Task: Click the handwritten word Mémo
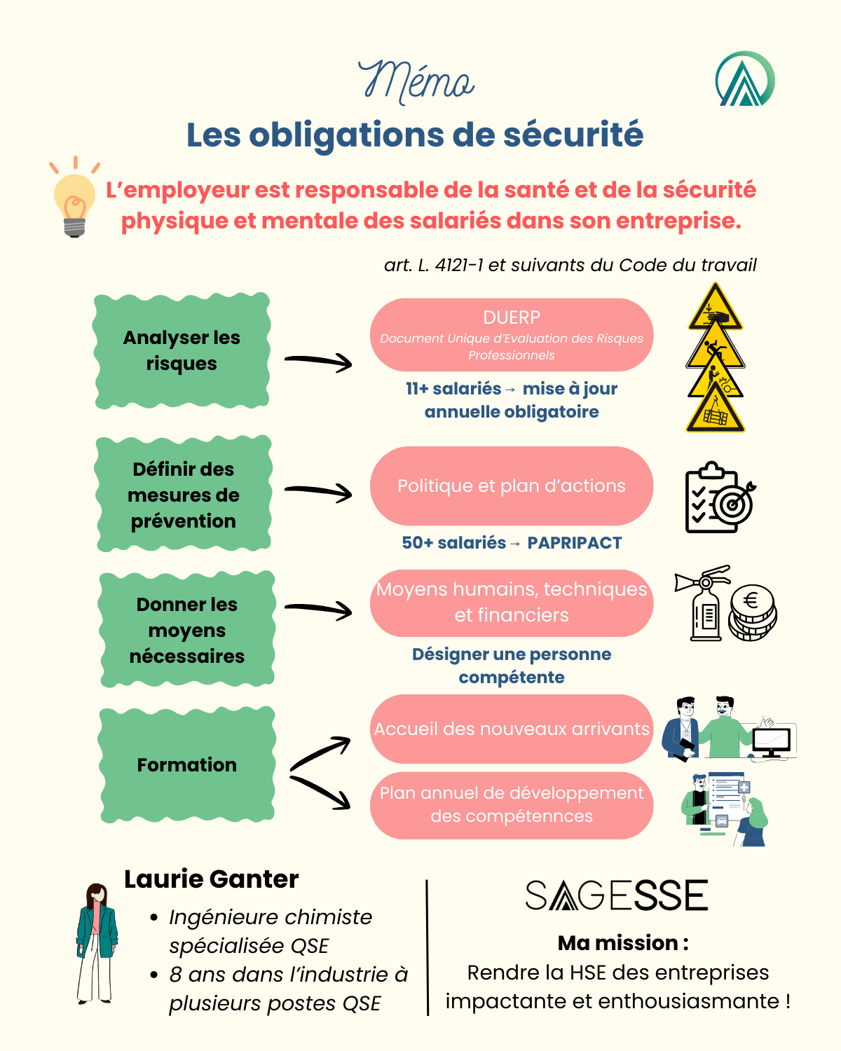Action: click(x=416, y=81)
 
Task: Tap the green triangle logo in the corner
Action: click(x=745, y=79)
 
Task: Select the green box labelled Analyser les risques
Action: click(x=182, y=350)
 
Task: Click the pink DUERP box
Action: click(x=512, y=335)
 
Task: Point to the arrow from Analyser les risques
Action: click(x=318, y=362)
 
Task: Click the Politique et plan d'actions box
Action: click(x=512, y=486)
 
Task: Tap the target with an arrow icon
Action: click(x=734, y=502)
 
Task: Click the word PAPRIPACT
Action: click(x=575, y=543)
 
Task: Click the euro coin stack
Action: click(x=752, y=612)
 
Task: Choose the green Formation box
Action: click(x=186, y=764)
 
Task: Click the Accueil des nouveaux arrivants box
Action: click(x=512, y=729)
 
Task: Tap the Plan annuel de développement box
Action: click(x=512, y=805)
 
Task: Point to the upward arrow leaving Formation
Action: click(x=320, y=753)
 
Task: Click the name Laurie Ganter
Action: click(x=211, y=879)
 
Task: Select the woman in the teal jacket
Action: click(x=95, y=942)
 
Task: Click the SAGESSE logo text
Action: click(x=617, y=895)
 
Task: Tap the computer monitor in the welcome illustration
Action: click(x=771, y=741)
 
